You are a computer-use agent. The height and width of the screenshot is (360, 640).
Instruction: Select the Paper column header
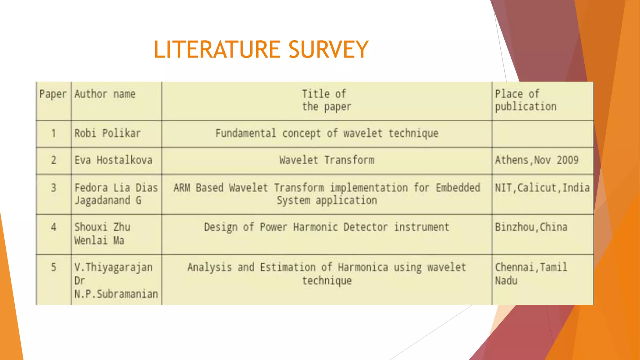point(53,94)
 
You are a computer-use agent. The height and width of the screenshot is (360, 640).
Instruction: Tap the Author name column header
point(105,94)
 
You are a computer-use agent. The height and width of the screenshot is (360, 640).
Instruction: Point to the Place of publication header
point(526,100)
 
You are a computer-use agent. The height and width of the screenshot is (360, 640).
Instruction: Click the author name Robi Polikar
point(107,133)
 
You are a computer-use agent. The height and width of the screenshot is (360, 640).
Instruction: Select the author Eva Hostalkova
point(113,160)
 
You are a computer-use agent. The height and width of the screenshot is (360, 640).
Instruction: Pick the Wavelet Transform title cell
point(327,160)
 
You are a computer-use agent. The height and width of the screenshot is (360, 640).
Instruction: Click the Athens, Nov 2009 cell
point(537,160)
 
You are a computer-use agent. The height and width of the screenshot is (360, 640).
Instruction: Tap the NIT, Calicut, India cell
point(542,188)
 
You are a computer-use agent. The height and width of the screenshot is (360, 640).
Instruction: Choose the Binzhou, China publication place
point(531,227)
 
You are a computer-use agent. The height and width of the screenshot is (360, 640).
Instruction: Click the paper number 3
point(54,188)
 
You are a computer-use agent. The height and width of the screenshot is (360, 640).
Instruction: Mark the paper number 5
point(54,267)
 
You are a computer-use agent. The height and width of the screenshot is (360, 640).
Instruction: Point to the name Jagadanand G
point(108,200)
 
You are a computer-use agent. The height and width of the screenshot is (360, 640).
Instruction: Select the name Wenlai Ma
point(99,241)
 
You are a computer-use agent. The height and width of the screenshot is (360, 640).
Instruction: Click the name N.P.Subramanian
point(116,294)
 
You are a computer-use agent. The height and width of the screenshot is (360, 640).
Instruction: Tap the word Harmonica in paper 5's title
point(363,267)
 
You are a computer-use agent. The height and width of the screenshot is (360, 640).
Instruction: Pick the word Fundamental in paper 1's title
point(246,133)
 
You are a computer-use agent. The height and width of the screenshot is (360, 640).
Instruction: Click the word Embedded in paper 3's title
point(458,188)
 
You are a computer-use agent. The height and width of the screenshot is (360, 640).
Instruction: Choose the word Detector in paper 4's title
point(365,227)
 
